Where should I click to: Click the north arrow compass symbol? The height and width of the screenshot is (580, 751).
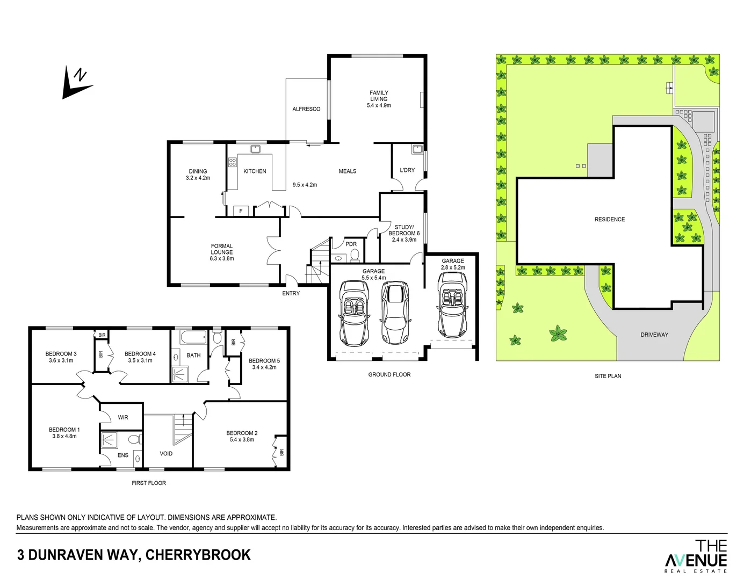[x=77, y=83]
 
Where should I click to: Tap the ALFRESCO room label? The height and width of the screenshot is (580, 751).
[x=306, y=109]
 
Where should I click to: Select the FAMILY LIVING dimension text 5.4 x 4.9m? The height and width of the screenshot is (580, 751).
[x=379, y=106]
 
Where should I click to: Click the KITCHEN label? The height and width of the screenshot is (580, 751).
[x=255, y=171]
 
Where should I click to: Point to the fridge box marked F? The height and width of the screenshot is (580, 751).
[x=241, y=211]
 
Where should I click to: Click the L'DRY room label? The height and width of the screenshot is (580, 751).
[x=407, y=170]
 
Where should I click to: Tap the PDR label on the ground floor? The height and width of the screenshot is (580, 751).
[x=351, y=244]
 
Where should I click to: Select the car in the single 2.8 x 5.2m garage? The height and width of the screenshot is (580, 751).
[x=452, y=305]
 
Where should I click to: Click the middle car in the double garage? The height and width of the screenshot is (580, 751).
[x=395, y=313]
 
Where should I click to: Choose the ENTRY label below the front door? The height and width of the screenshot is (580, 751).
[x=291, y=293]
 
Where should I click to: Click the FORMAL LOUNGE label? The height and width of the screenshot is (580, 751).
[x=222, y=249]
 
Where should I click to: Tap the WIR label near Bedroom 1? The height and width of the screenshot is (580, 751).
[x=123, y=417]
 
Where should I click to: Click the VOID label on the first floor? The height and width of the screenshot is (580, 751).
[x=166, y=454]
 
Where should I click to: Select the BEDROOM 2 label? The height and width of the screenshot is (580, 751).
[x=242, y=433]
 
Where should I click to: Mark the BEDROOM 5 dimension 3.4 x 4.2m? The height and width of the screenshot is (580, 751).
[x=264, y=367]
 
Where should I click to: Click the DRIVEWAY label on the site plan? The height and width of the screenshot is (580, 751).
[x=654, y=335]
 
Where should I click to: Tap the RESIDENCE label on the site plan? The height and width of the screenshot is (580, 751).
[x=610, y=220]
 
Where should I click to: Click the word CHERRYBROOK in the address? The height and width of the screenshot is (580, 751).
[x=198, y=555]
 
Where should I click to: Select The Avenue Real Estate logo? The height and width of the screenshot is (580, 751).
[x=696, y=556]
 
